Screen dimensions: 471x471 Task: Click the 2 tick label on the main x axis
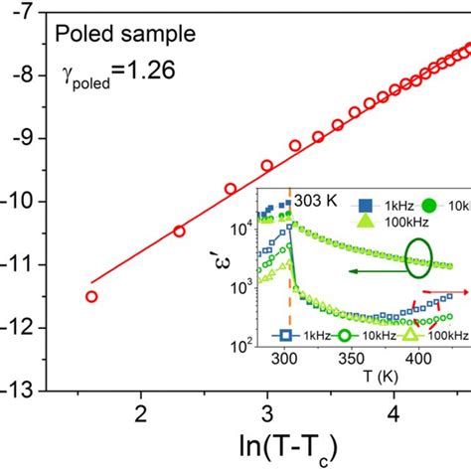[x=141, y=412]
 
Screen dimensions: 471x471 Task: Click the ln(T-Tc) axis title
[x=266, y=447]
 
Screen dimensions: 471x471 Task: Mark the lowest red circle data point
[x=91, y=296]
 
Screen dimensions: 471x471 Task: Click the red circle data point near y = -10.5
[x=180, y=231]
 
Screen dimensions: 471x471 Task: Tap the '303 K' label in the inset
[x=317, y=198]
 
